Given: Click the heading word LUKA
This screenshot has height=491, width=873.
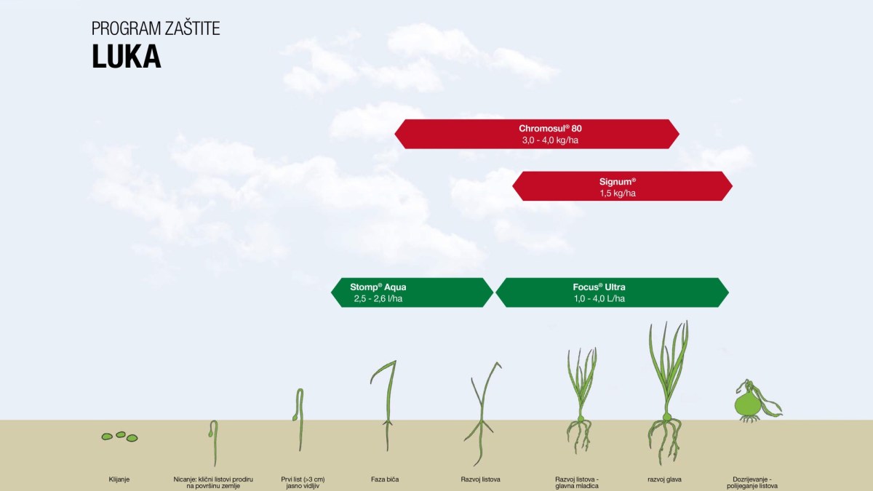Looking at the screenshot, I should click(x=126, y=57).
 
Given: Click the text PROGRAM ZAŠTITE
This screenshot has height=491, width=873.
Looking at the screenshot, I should click(x=156, y=29).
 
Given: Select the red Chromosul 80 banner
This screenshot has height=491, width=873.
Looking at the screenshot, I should click(x=536, y=134).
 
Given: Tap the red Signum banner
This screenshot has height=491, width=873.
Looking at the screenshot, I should click(x=622, y=186).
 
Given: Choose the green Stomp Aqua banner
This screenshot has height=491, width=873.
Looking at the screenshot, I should click(x=412, y=292).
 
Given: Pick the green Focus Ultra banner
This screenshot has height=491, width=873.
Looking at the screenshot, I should click(x=611, y=292).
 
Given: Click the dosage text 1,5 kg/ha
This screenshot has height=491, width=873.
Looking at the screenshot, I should click(x=618, y=193).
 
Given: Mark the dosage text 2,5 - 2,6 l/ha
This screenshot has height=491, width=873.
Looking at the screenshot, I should click(x=378, y=299).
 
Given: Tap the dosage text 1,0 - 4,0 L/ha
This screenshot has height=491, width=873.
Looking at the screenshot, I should click(x=599, y=299).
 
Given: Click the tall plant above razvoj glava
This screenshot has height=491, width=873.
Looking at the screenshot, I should click(x=666, y=393).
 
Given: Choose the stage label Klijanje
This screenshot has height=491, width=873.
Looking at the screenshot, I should click(x=119, y=479).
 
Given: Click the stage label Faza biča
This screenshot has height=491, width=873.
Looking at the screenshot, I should click(x=384, y=479).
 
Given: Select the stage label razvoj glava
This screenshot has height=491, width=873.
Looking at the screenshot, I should click(x=664, y=479).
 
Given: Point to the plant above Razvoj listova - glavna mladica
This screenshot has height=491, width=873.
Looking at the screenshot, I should click(x=581, y=400).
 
